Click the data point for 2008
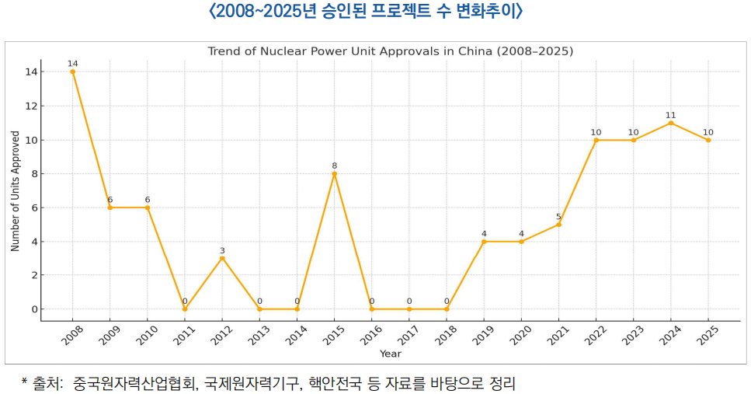[x=72, y=71]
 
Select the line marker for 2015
[x=334, y=173]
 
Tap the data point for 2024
[x=671, y=123]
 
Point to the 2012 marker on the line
[x=222, y=258]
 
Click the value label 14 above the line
[x=72, y=63]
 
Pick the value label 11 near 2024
[x=671, y=115]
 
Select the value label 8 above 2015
[x=334, y=166]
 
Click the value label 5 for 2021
[x=558, y=217]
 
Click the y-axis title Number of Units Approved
[x=15, y=190]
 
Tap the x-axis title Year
[x=390, y=354]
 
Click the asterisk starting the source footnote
[x=26, y=382]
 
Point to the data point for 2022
[x=596, y=140]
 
